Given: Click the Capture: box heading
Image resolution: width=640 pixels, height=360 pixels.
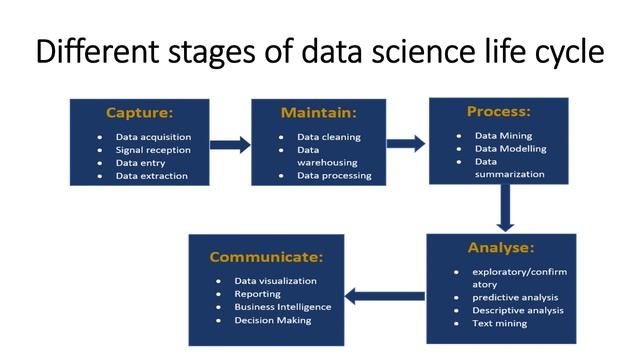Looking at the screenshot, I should point(139,112).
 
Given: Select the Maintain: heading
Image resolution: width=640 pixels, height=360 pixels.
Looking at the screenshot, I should point(319,112).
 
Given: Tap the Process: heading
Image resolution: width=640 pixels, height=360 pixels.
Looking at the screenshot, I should point(498,110).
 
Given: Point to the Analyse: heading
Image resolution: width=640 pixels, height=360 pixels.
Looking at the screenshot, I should point(500,247).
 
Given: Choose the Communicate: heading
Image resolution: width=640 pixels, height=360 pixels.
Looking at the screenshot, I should point(266,257).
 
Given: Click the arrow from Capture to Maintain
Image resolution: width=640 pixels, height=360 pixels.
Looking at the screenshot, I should point(230,145).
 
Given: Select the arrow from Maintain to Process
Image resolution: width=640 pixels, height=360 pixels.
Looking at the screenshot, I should point(406,143).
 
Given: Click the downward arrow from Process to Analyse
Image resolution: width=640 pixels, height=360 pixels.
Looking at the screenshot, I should point(505,208).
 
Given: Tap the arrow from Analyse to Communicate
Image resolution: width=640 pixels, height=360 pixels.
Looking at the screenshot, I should point(384,295).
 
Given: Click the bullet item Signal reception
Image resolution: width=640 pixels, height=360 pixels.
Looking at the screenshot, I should point(152,150).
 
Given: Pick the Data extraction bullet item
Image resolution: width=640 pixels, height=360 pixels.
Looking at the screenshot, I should point(151,176).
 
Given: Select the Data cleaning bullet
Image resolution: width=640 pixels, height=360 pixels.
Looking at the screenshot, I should point(329,137).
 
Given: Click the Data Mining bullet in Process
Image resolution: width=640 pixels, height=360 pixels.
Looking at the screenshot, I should point(504,135).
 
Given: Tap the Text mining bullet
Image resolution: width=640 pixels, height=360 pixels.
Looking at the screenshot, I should point(500,323).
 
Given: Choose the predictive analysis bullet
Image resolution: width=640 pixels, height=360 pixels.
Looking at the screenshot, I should point(515,297).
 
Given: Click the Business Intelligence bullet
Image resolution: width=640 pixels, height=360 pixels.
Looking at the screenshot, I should point(283,307).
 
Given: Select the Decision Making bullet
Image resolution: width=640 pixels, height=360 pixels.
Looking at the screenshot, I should point(273,320).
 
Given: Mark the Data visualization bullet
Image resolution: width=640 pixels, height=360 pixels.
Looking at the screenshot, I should point(276,281).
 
